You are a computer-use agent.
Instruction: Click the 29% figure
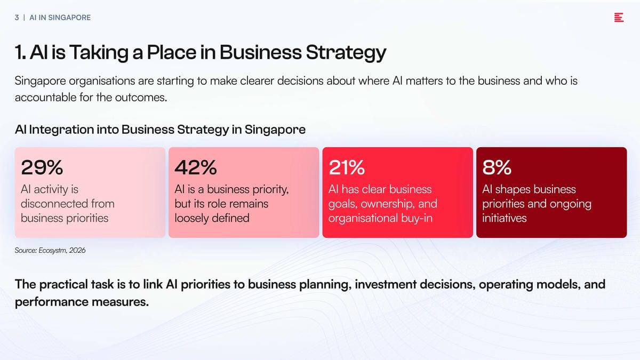pyautogui.click(x=42, y=167)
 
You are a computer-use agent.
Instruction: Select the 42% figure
pyautogui.click(x=196, y=167)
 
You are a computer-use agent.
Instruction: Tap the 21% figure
pyautogui.click(x=347, y=167)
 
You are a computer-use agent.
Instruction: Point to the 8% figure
pyautogui.click(x=497, y=167)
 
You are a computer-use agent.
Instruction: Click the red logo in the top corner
pyautogui.click(x=619, y=18)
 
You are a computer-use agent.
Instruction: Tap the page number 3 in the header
pyautogui.click(x=17, y=18)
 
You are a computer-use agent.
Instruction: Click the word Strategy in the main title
pyautogui.click(x=346, y=53)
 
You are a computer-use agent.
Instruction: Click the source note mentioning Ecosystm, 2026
pyautogui.click(x=50, y=250)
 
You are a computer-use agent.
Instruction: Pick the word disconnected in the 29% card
pyautogui.click(x=54, y=204)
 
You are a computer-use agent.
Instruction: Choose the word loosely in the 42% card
pyautogui.click(x=191, y=219)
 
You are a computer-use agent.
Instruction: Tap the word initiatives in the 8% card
pyautogui.click(x=505, y=218)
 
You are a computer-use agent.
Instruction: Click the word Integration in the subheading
pyautogui.click(x=61, y=130)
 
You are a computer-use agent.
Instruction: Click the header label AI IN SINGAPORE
pyautogui.click(x=60, y=18)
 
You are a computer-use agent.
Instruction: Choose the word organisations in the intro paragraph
pyautogui.click(x=102, y=81)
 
